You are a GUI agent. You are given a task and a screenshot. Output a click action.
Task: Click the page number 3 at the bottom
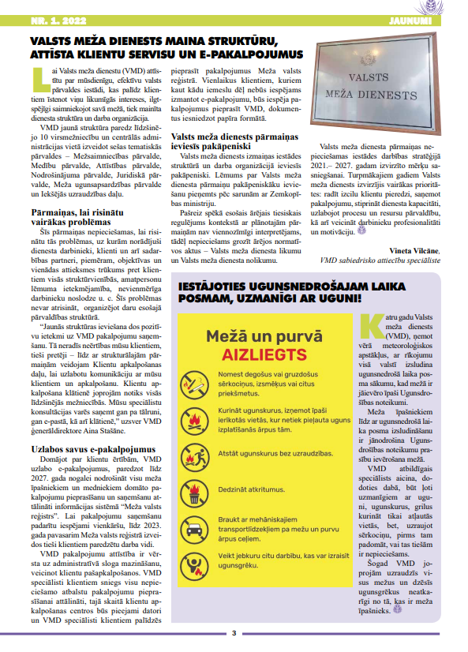point(234,632)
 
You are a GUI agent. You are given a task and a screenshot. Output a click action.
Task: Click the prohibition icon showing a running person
point(194,565)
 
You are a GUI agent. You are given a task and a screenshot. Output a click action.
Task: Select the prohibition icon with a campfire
point(194,454)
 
